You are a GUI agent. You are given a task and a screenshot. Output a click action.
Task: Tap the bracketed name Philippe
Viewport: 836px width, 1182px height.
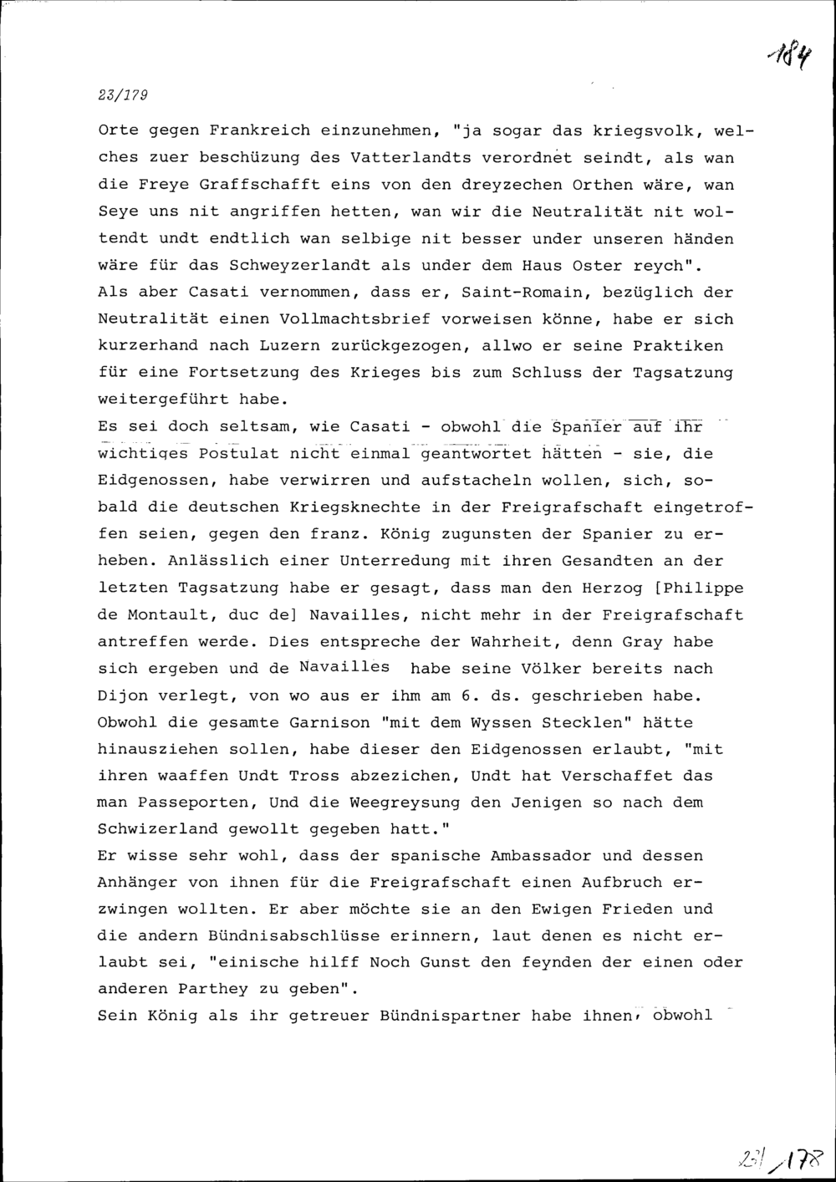click(702, 588)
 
